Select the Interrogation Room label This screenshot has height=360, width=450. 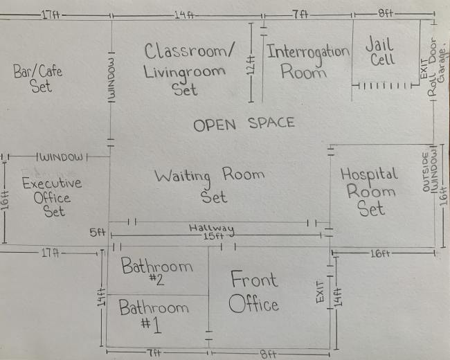coord(307,62)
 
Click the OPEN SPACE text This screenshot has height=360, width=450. coord(244,125)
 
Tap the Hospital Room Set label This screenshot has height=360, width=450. coord(369,191)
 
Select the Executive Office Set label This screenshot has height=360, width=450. coord(52,197)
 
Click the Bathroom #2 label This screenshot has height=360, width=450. coord(157,271)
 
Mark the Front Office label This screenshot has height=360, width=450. coord(253,291)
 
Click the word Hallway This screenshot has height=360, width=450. coord(211,228)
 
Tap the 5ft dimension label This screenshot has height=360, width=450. coord(96,233)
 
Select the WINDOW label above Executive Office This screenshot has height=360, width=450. coord(62,157)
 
